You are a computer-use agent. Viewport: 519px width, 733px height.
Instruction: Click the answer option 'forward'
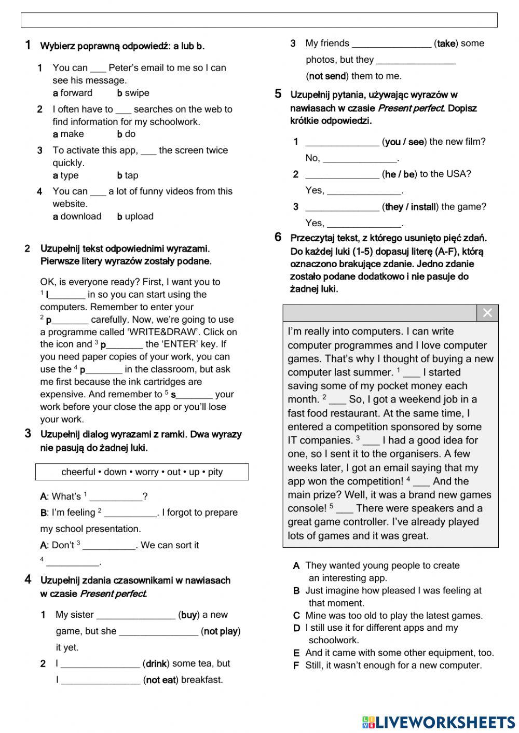[x=76, y=93]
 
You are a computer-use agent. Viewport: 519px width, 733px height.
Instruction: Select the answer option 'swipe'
[x=136, y=93]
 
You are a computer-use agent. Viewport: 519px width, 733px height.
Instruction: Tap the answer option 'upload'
[x=139, y=216]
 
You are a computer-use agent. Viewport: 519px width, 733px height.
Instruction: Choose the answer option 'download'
[x=80, y=216]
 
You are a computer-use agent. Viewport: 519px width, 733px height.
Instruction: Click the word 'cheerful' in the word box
[x=78, y=472]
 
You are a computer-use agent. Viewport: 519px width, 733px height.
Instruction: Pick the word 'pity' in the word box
[x=215, y=472]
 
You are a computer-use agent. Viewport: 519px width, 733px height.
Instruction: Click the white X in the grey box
[x=487, y=313]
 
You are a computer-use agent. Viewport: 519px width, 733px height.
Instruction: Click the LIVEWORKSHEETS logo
[x=439, y=722]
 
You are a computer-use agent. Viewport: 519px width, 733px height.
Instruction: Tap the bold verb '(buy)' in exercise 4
[x=189, y=615]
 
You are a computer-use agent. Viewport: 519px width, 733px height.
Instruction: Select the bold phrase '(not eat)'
[x=161, y=680]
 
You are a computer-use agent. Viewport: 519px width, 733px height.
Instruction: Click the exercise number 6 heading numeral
[x=278, y=238]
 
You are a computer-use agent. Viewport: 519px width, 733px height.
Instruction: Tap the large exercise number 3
[x=28, y=434]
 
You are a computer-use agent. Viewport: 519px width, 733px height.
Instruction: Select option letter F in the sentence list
[x=296, y=666]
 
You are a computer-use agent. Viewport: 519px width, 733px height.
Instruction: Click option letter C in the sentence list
[x=296, y=616]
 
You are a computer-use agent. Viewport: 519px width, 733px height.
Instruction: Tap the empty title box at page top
[x=259, y=20]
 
